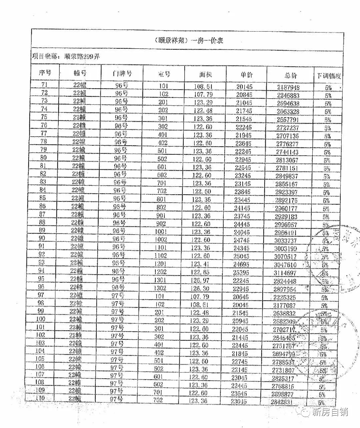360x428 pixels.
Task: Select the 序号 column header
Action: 45,73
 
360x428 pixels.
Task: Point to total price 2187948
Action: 288,87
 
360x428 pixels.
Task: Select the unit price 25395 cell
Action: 241,273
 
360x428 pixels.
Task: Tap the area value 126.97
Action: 201,280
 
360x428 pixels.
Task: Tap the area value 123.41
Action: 201,264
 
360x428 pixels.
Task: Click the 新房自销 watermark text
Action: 330,412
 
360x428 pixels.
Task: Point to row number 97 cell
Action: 41,295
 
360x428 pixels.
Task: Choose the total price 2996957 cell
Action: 286,224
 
